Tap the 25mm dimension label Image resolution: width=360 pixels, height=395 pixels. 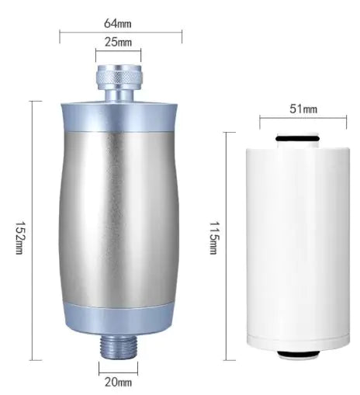[x=118, y=43]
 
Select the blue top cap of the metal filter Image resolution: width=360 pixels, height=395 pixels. [x=118, y=113]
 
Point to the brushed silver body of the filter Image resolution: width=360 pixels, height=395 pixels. [x=118, y=217]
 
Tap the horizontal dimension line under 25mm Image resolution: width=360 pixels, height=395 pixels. [x=118, y=53]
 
